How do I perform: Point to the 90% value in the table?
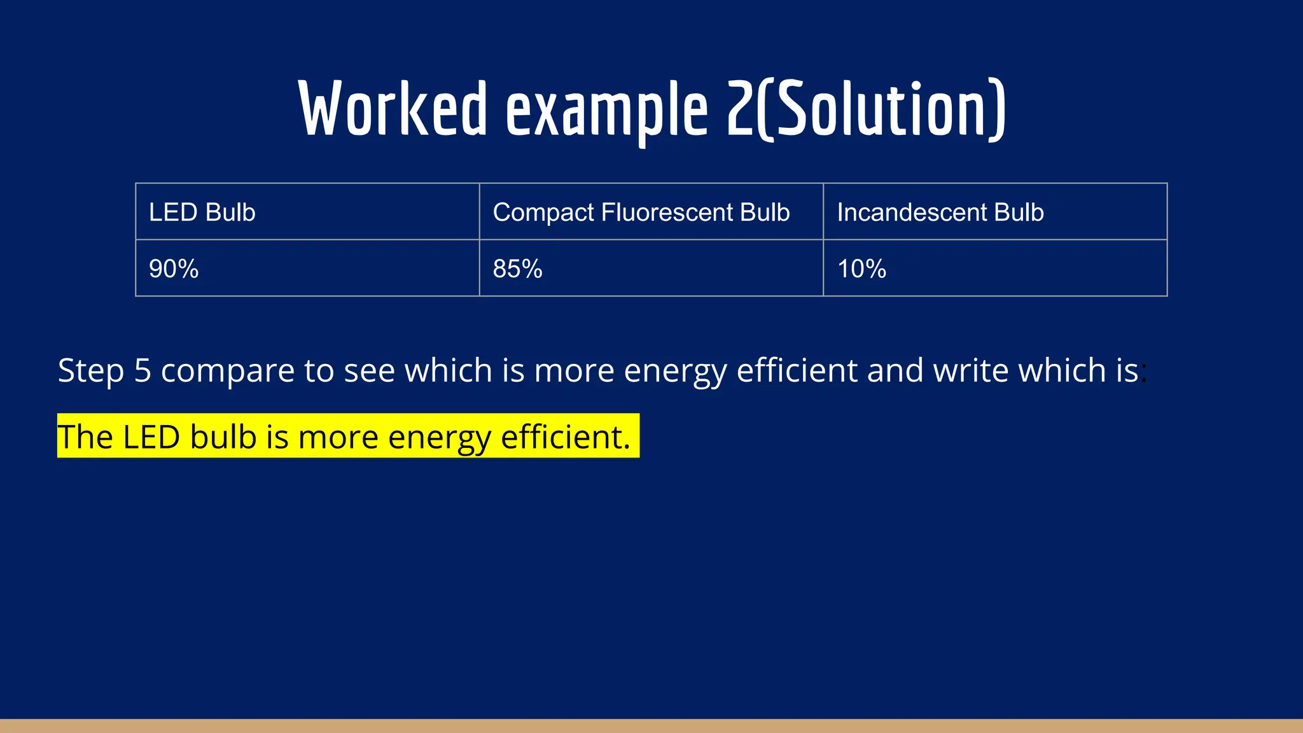coord(174,269)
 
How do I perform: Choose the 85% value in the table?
coord(517,269)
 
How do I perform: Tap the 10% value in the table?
coord(861,269)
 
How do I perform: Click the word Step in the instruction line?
coord(90,371)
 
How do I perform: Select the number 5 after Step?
coord(143,371)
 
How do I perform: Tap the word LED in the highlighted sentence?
coord(151,437)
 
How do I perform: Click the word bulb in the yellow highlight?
coord(223,437)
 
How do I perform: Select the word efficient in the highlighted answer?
coord(565,437)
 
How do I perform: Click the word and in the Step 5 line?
coord(891,370)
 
